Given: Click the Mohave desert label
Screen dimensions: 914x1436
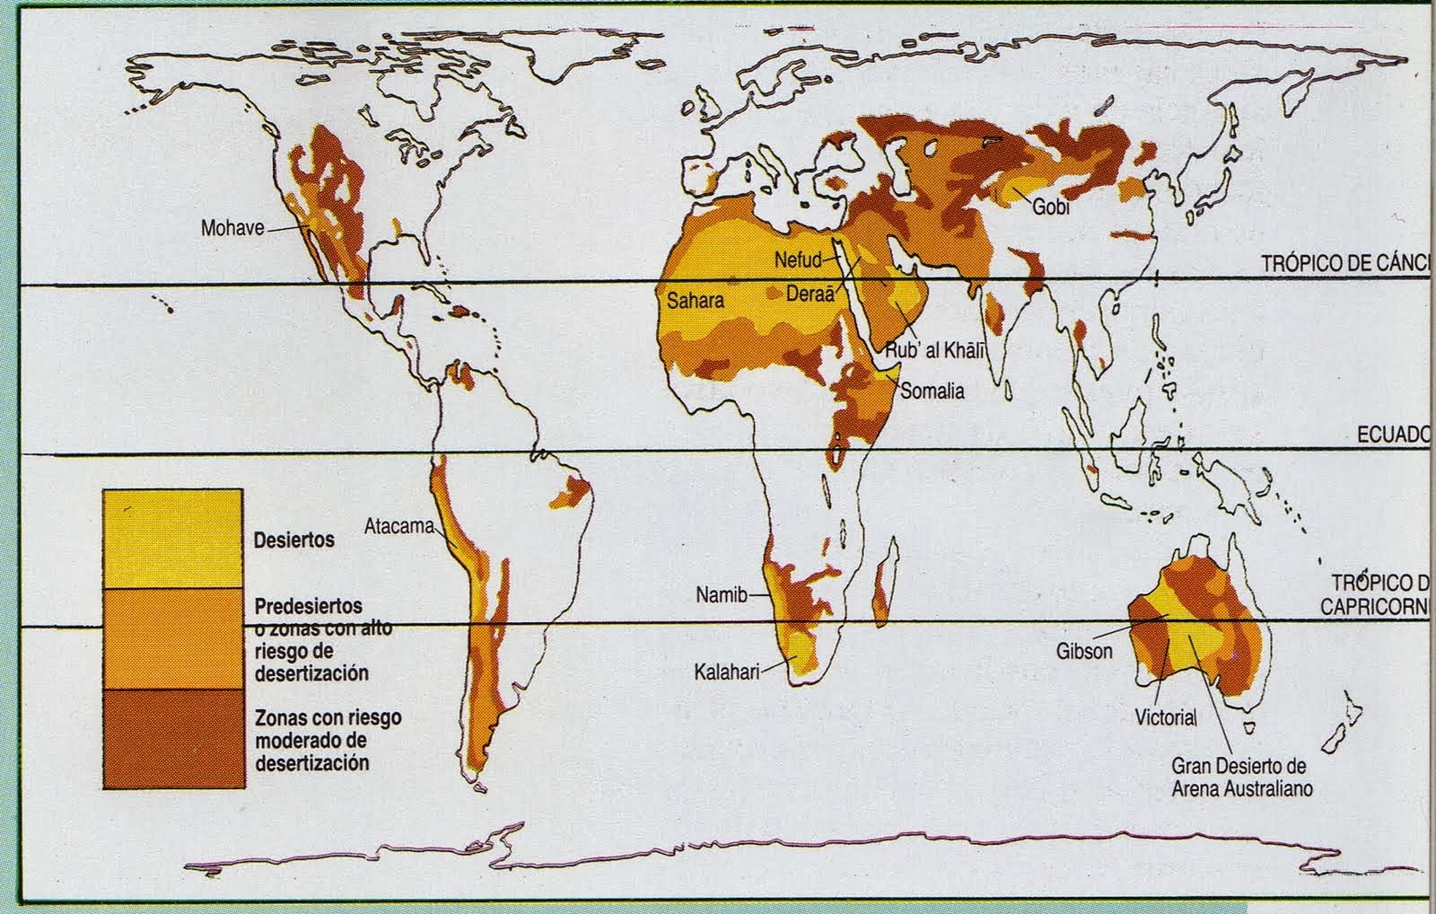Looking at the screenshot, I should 232,227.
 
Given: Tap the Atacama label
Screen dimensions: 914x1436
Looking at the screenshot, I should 398,526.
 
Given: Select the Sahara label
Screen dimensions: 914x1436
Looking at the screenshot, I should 695,301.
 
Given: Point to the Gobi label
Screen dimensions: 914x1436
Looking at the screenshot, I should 1051,207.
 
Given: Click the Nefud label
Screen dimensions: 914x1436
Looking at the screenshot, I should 798,260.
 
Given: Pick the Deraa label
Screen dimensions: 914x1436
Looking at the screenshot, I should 810,294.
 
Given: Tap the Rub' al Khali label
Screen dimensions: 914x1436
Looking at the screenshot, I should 935,351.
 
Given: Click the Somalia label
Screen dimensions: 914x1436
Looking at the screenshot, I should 933,391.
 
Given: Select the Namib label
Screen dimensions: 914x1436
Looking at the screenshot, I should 721,594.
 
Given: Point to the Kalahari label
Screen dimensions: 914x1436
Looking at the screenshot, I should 726,670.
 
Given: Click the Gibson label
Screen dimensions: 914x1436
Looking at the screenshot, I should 1084,652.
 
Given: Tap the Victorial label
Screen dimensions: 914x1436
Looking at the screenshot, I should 1166,717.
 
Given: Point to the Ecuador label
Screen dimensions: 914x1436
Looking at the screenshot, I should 1391,435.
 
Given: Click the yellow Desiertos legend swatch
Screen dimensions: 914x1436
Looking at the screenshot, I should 172,539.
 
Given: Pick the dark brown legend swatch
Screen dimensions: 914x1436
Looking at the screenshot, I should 172,738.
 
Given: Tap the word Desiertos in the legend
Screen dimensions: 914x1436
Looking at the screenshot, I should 293,540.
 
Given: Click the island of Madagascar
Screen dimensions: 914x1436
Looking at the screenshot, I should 885,574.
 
